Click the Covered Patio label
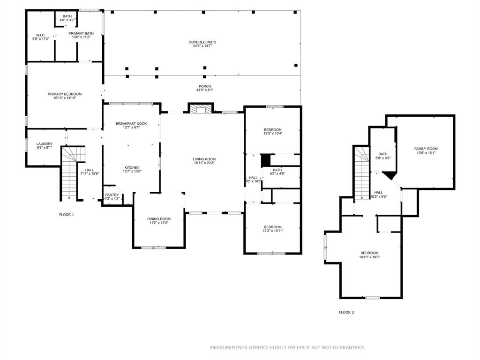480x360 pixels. pyautogui.click(x=202, y=42)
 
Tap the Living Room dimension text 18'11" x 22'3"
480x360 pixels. pyautogui.click(x=204, y=163)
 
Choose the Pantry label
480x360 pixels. pyautogui.click(x=112, y=195)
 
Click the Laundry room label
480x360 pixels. pyautogui.click(x=45, y=144)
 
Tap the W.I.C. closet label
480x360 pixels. pyautogui.click(x=41, y=35)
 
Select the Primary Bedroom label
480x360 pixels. pyautogui.click(x=65, y=94)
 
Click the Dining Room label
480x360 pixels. pyautogui.click(x=159, y=219)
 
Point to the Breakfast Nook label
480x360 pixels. pyautogui.click(x=131, y=124)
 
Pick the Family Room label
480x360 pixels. pyautogui.click(x=426, y=149)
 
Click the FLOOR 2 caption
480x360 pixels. pyautogui.click(x=346, y=313)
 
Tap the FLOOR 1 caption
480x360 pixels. pyautogui.click(x=67, y=215)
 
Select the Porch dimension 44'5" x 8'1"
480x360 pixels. pyautogui.click(x=205, y=90)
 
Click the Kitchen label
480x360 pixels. pyautogui.click(x=132, y=168)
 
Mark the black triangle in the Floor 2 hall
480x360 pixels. pyautogui.click(x=390, y=175)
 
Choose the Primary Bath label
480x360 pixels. pyautogui.click(x=81, y=33)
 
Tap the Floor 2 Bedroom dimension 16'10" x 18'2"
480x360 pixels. pyautogui.click(x=369, y=257)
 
